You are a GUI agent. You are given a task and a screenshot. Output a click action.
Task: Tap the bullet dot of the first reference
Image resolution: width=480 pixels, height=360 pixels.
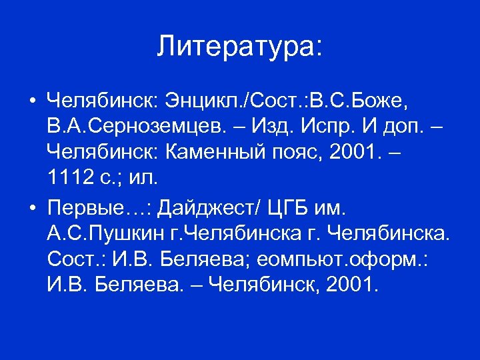(32, 103)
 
